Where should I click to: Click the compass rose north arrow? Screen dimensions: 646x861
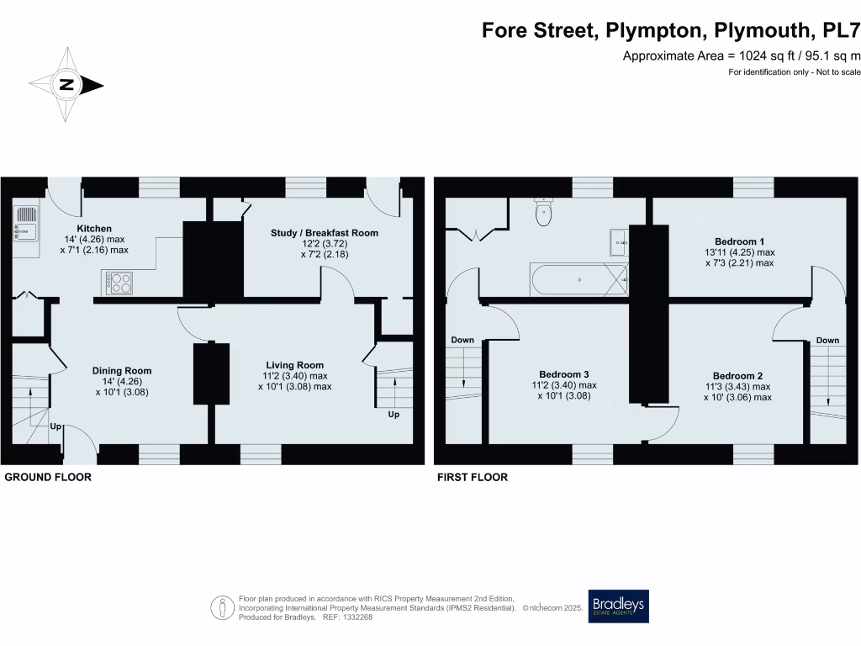coord(66,84)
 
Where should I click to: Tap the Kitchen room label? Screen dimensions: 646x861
coord(94,229)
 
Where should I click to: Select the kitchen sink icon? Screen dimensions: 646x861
coord(25,224)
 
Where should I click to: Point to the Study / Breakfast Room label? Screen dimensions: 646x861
coord(324,233)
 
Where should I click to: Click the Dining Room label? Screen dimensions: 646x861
coord(121,370)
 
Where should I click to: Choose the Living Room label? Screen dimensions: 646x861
coord(294,365)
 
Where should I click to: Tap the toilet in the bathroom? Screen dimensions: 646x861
coord(545,214)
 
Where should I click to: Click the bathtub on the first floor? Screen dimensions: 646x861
coord(578,279)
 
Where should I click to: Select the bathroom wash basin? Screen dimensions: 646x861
coord(620,242)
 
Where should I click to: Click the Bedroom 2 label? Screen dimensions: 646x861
coord(737,376)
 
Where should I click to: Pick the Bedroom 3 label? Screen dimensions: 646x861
coord(563,374)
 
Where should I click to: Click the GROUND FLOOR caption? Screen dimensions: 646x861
coord(48,477)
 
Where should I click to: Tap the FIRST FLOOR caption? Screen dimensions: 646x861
coord(472,477)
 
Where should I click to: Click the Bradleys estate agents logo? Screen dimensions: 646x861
coord(618,606)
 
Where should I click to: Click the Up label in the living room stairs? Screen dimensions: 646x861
coord(394,415)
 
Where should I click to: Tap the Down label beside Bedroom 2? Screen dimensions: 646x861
coord(827,341)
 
